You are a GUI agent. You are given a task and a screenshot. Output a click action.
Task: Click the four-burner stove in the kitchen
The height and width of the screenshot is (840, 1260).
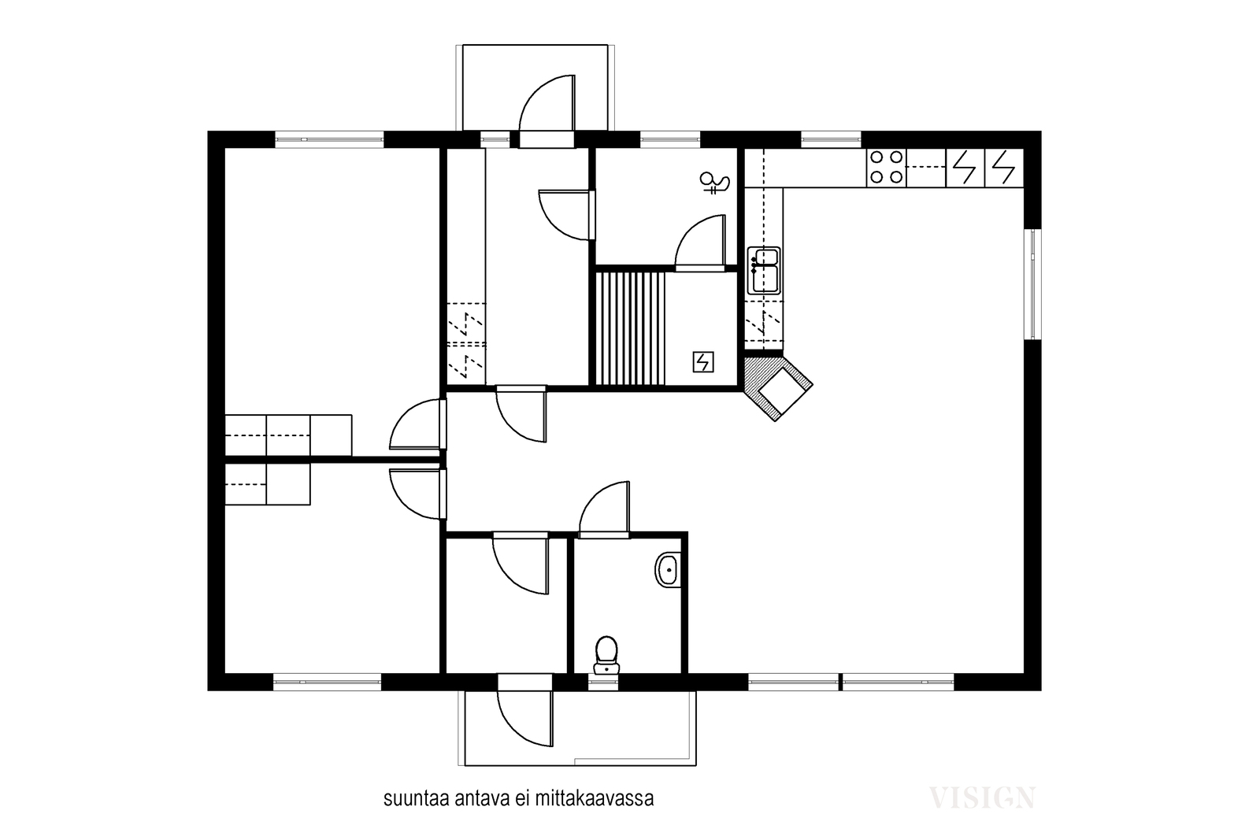pyautogui.click(x=887, y=168)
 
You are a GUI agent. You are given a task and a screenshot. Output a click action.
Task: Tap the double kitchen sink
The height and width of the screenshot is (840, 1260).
pyautogui.click(x=763, y=271)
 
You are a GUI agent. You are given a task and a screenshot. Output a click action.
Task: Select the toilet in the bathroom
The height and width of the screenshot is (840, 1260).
pyautogui.click(x=606, y=655)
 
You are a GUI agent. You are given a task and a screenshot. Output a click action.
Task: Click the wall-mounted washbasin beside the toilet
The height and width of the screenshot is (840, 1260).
pyautogui.click(x=668, y=569)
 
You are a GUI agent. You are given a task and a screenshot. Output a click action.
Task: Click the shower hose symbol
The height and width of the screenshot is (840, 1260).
pyautogui.click(x=715, y=183)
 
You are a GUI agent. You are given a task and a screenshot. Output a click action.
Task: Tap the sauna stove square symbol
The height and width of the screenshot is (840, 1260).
pyautogui.click(x=703, y=362)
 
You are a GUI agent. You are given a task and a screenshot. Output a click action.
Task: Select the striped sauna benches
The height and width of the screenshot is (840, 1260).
pyautogui.click(x=630, y=328)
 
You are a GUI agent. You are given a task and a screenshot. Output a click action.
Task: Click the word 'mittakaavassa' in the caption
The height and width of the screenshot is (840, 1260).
pyautogui.click(x=595, y=799)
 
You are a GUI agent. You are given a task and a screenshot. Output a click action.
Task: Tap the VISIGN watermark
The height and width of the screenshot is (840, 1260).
pyautogui.click(x=981, y=797)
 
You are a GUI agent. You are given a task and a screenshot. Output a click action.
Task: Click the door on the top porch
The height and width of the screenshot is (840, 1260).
pyautogui.click(x=547, y=111)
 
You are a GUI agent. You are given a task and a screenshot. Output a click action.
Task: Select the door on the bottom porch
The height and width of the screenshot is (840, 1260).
pyautogui.click(x=525, y=711)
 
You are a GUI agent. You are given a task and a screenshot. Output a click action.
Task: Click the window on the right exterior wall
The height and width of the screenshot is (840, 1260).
pyautogui.click(x=1032, y=284)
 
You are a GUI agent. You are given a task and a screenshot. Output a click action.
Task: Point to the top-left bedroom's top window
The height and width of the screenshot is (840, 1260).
pyautogui.click(x=329, y=139)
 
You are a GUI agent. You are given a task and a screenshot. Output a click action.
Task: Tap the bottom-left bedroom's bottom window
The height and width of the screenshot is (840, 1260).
pyautogui.click(x=328, y=682)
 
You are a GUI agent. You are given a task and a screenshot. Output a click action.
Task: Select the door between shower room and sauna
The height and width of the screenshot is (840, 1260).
pyautogui.click(x=700, y=243)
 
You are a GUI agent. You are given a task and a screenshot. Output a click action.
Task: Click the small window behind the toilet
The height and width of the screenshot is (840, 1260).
pyautogui.click(x=603, y=682)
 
